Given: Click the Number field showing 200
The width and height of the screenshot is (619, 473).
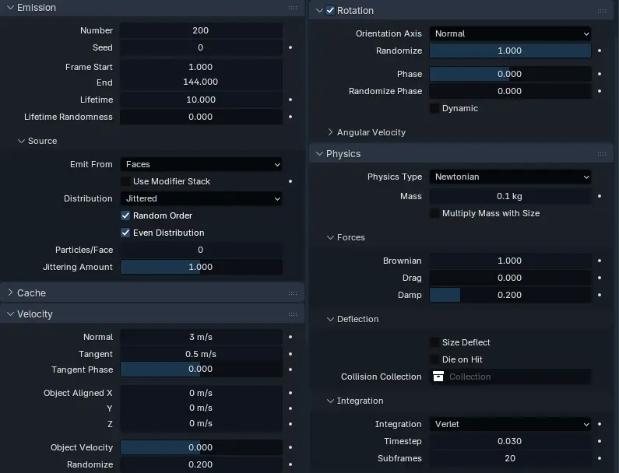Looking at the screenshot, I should (200, 30).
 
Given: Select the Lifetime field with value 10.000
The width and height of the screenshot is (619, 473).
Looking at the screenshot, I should (200, 100).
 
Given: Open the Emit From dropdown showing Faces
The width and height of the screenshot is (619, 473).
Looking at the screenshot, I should (200, 164).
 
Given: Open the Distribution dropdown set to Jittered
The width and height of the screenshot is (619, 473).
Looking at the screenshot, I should (200, 198).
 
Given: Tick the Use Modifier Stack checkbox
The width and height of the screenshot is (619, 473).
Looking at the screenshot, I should (125, 181).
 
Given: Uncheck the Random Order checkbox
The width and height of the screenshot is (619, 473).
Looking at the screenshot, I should (125, 215).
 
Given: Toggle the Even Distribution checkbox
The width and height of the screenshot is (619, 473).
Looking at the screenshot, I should (125, 233).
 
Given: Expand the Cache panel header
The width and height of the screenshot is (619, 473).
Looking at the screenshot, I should (31, 293).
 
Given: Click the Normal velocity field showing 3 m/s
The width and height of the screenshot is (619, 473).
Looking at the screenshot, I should (200, 337).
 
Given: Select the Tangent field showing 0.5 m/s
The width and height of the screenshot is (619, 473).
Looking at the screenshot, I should (200, 354).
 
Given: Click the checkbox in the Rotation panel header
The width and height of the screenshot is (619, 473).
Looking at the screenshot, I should (330, 10).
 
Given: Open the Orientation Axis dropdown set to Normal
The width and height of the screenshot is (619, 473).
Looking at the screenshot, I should (510, 33).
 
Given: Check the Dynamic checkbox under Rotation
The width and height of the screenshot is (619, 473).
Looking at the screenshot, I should (434, 108).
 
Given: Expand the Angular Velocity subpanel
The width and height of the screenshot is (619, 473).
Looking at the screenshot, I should (371, 132).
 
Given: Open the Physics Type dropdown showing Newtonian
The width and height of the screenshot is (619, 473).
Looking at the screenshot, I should (510, 177).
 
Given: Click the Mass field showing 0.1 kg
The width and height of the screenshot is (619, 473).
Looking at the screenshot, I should (510, 196).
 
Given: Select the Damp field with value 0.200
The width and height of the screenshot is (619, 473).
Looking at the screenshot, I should (510, 295).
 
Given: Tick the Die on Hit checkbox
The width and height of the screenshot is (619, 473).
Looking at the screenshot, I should (434, 359).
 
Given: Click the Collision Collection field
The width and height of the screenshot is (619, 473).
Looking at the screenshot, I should (510, 377).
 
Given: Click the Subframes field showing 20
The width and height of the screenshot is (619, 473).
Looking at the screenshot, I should (510, 458).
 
